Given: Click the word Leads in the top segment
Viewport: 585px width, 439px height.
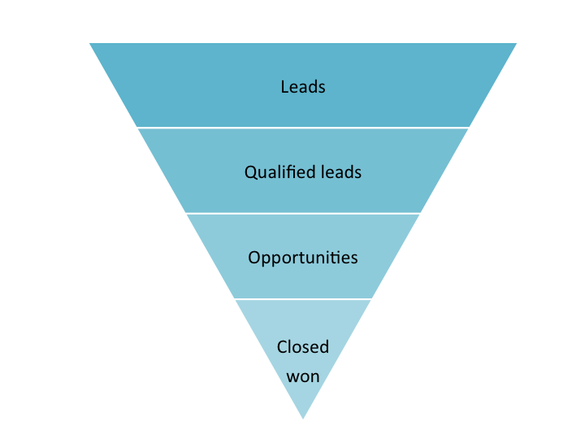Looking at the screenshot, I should (x=303, y=86).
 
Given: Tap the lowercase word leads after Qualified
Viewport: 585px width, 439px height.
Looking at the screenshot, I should (x=341, y=172).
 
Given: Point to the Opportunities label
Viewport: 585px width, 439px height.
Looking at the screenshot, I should (x=303, y=258).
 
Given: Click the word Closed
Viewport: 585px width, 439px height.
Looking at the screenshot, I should (x=303, y=347).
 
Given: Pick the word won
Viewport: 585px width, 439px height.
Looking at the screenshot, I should (x=303, y=376).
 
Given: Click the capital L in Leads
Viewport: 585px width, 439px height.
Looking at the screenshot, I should (x=284, y=86).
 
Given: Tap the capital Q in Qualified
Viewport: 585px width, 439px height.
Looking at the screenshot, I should (x=250, y=172).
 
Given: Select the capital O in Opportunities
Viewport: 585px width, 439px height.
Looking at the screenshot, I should (x=253, y=258).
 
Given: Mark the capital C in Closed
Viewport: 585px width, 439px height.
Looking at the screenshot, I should (x=282, y=347).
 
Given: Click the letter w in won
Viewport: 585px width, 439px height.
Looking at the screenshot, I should (x=292, y=377).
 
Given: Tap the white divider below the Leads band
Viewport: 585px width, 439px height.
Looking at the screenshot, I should (x=303, y=128).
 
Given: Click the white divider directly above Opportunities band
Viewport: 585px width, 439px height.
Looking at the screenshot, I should (x=303, y=213).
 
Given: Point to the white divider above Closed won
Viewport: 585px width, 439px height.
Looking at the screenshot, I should (x=303, y=299).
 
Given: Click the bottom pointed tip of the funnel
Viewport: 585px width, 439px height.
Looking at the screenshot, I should (x=303, y=416).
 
